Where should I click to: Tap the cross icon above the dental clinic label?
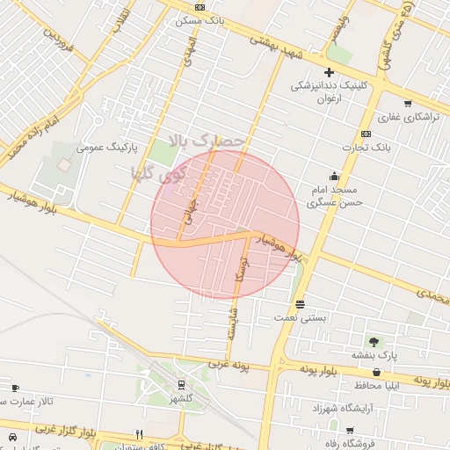tap(329, 72)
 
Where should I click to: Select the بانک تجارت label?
tap(366, 147)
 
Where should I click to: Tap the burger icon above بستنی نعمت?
tap(301, 303)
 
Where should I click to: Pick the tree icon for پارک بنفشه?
tap(376, 341)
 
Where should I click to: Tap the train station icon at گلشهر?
tap(181, 384)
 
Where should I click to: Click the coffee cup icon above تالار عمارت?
tap(14, 388)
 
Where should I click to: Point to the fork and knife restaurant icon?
tap(138, 433)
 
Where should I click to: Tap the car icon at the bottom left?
tap(12, 436)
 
